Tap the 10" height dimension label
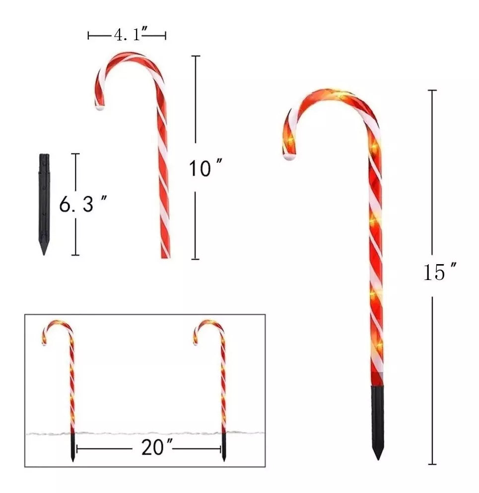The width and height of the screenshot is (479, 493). (x=205, y=168)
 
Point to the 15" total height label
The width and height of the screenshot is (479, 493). (x=440, y=272)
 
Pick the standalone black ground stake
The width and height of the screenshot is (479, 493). (x=44, y=204)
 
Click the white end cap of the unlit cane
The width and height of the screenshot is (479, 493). (x=100, y=108)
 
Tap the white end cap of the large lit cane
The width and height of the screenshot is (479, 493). (x=290, y=156)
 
